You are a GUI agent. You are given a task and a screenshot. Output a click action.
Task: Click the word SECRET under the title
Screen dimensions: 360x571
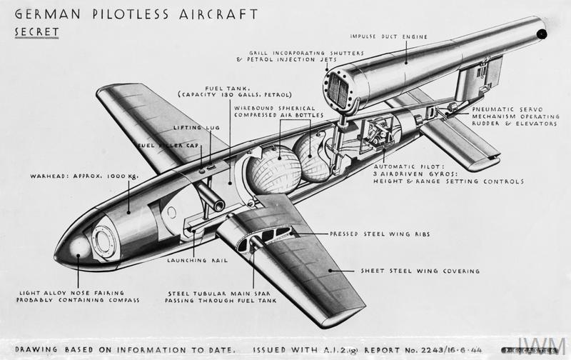[x=36, y=31]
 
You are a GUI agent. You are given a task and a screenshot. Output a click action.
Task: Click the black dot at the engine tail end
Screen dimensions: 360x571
[x=543, y=33]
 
